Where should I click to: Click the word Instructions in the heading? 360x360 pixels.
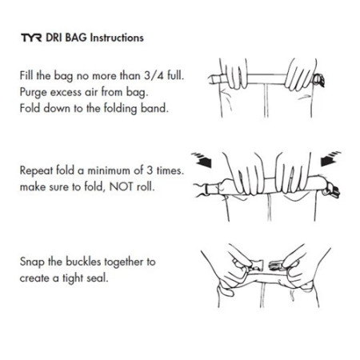pyautogui.click(x=116, y=38)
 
